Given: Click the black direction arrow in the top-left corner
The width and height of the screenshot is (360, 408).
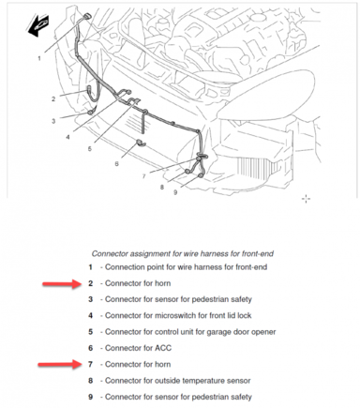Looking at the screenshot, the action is tap(38, 25).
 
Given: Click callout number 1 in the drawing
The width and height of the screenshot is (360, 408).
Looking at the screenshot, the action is tap(39, 58).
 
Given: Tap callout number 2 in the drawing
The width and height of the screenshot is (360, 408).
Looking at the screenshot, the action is tap(53, 99).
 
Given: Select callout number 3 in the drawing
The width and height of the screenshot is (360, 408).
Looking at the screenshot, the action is tap(53, 121).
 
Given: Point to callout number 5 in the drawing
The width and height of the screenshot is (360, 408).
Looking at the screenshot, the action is tap(90, 149).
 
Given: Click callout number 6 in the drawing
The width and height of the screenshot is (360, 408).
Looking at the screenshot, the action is tap(116, 163).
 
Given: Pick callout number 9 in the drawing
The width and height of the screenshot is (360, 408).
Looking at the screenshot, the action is tap(175, 192).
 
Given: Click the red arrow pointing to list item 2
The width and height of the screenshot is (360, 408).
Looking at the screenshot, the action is tap(62, 284).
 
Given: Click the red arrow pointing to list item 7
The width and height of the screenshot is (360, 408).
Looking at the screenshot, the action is tap(59, 365).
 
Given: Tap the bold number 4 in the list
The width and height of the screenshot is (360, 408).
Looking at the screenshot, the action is tap(90, 315).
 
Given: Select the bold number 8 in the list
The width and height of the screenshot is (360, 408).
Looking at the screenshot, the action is tap(90, 381).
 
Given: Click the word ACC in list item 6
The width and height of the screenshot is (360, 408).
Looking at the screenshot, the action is tap(163, 348).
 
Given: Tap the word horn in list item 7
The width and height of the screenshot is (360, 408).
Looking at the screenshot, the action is tap(162, 364).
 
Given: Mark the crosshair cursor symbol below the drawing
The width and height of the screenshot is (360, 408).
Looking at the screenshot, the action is tap(306, 199).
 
